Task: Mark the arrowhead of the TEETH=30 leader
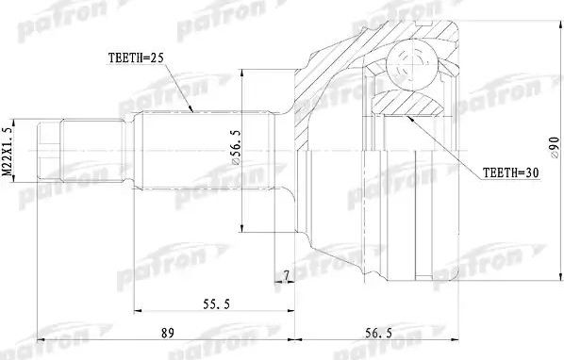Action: tap(408, 118)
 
